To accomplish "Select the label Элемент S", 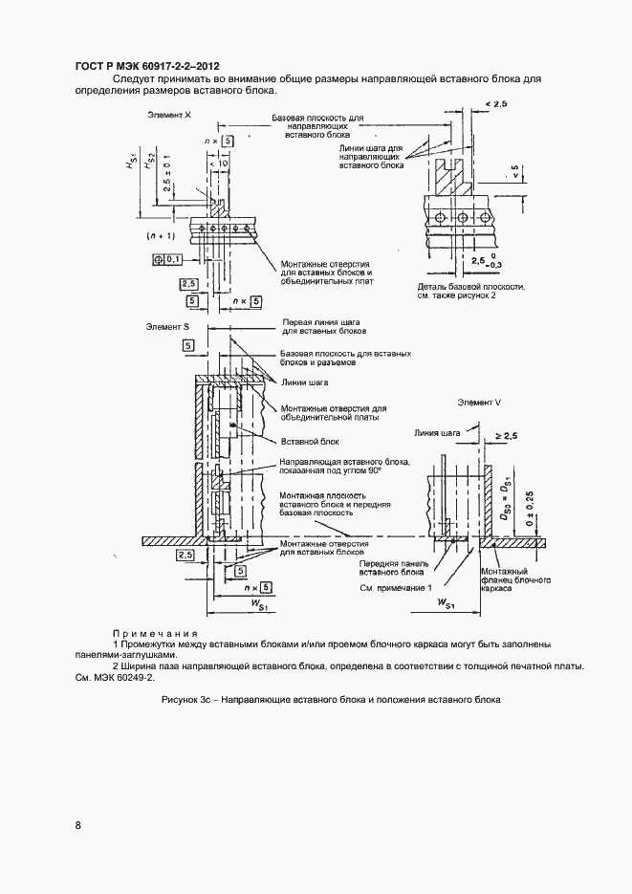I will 167,327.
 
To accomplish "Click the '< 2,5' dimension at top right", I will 494,102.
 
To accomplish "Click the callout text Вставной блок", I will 303,441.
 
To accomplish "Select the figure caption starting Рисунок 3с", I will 331,700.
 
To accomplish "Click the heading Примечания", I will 155,633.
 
